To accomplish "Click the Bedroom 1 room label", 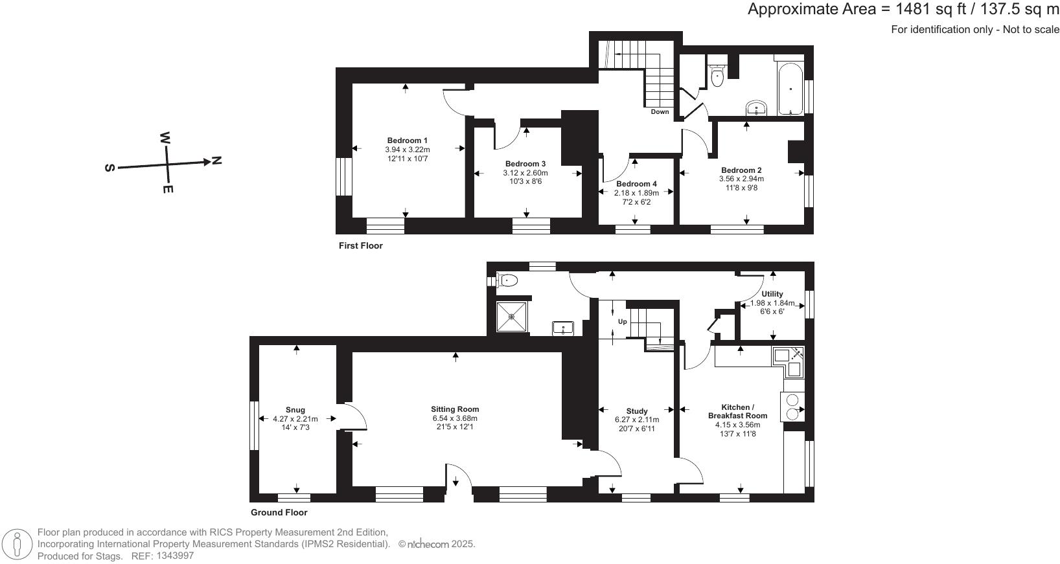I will (407, 141).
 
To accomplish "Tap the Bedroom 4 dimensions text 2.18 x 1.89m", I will (636, 193).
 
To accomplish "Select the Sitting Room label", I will (455, 409).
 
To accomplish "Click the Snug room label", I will (295, 410).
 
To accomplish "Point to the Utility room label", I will (772, 294).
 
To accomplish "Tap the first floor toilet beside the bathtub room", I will (717, 76).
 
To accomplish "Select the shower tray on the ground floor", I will (512, 317).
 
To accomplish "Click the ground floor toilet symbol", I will (507, 280).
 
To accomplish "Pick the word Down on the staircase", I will (660, 112).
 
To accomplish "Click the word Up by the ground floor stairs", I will (623, 322).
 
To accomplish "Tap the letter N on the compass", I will (216, 160).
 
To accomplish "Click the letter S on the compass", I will (109, 168).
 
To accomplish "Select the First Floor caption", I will (360, 246).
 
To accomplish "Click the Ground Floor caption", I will (279, 512).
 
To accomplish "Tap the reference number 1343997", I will (172, 556).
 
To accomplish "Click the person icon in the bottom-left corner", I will (17, 544).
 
